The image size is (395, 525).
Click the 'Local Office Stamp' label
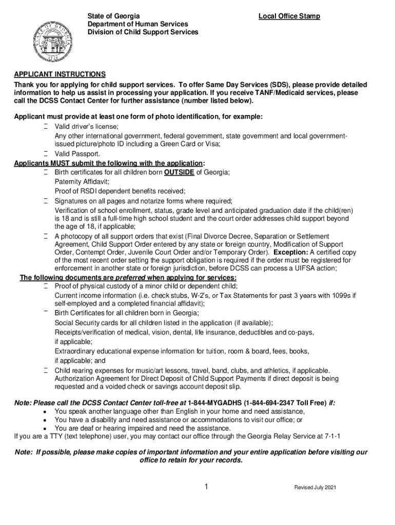click(289, 16)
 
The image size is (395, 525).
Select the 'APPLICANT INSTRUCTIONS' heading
click(60, 74)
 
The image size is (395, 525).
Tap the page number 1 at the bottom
click(206, 487)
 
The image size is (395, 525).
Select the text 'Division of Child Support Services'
click(143, 32)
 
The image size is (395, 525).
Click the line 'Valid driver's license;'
click(87, 126)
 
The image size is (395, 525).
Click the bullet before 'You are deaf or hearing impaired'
click(45, 428)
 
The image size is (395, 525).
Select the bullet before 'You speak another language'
click(45, 412)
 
